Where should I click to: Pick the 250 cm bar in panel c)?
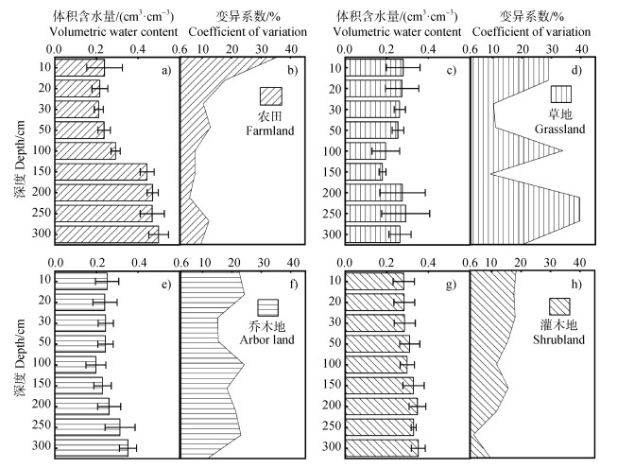[x=376, y=213]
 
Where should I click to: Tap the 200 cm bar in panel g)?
[x=382, y=406]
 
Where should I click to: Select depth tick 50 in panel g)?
[x=334, y=343]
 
